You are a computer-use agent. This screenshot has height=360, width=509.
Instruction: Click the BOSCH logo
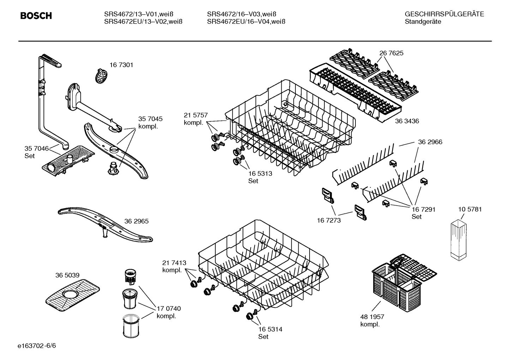click(36, 16)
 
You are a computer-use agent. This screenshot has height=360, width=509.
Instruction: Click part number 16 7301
click(121, 65)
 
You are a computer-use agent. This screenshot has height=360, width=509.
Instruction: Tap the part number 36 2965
click(136, 222)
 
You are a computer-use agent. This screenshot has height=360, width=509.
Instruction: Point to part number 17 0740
click(169, 309)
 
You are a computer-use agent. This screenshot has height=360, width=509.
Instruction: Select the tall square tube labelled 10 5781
click(459, 240)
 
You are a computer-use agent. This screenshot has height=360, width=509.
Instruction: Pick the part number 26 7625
click(391, 53)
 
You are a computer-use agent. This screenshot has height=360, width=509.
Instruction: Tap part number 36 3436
click(407, 121)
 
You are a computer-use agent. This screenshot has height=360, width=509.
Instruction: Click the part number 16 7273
click(329, 220)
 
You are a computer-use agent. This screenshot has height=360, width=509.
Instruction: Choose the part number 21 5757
click(196, 115)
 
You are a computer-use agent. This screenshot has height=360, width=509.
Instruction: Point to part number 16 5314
click(270, 329)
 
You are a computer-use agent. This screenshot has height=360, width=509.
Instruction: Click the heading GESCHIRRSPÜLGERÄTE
click(444, 14)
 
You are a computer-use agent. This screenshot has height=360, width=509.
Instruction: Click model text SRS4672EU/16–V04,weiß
click(246, 22)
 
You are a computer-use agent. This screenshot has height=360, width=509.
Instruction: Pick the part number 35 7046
click(36, 148)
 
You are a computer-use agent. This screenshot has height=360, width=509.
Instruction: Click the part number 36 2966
click(430, 142)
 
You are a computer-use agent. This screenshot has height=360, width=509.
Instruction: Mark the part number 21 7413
click(174, 263)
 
